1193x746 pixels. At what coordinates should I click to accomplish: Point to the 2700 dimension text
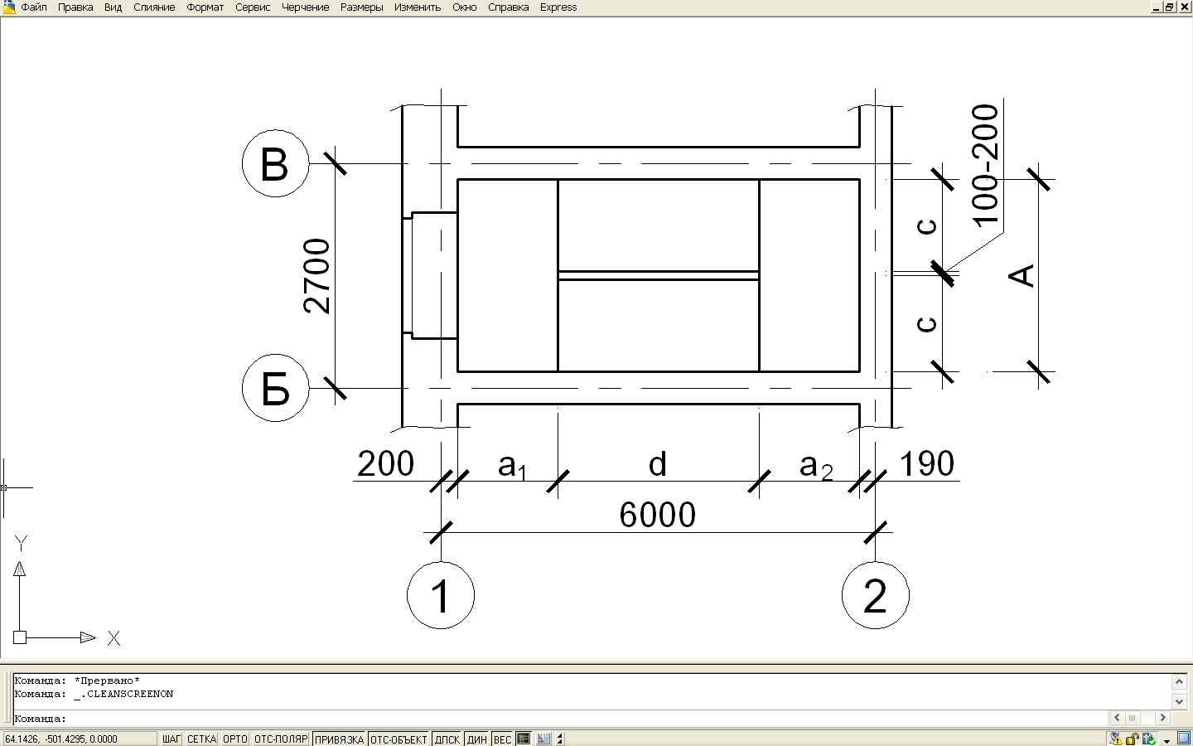point(316,276)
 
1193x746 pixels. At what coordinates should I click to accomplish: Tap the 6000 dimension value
point(657,515)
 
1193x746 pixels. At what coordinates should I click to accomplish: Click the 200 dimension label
point(385,463)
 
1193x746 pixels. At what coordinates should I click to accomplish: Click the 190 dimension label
point(926,463)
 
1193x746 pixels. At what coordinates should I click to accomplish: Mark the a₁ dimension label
point(512,467)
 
